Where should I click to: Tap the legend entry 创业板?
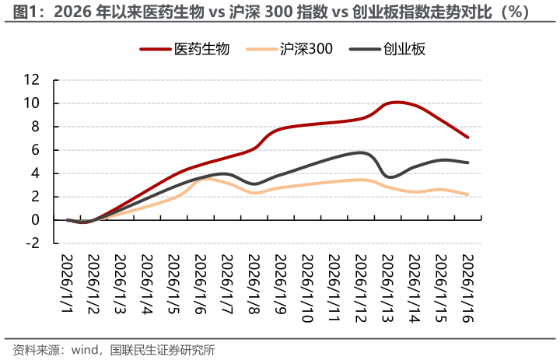coord(404,49)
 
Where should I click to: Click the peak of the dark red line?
coord(396,102)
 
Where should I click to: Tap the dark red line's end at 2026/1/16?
coord(467,138)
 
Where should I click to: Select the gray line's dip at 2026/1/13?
coord(389,177)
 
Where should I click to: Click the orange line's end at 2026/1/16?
coord(467,194)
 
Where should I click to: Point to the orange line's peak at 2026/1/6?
coord(203,179)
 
